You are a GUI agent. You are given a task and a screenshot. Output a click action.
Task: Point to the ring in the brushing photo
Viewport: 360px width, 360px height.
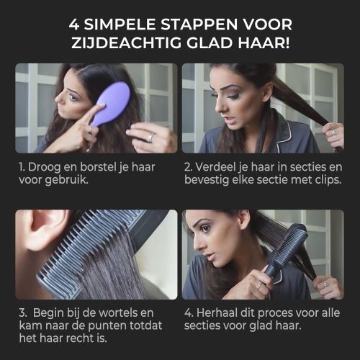point(150,138)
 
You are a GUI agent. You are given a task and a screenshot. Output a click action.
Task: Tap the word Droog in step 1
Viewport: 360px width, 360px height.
point(44,168)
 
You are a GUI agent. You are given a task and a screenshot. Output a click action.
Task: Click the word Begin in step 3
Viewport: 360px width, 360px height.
point(48,313)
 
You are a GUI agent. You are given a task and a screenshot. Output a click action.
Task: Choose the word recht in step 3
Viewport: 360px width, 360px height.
point(81,338)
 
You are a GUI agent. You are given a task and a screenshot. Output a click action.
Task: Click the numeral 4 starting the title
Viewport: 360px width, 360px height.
point(74,24)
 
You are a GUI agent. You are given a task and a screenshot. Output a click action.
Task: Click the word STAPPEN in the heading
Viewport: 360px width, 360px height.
point(197,24)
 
